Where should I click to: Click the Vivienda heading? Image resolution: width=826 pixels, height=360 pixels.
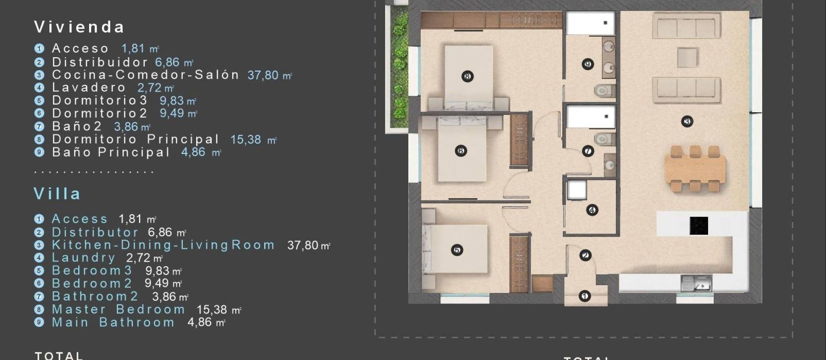[79, 27]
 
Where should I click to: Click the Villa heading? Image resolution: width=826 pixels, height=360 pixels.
[57, 194]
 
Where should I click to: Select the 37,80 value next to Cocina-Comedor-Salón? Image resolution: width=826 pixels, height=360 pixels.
[263, 75]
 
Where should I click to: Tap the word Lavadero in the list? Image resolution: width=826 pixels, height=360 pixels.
[89, 88]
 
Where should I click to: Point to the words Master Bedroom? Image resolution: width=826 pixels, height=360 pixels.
[119, 310]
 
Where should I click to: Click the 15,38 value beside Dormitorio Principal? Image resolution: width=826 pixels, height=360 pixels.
[246, 140]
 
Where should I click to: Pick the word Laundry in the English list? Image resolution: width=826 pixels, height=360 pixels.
[83, 258]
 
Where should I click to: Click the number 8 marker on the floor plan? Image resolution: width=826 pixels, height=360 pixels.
[467, 77]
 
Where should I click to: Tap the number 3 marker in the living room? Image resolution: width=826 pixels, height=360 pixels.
[687, 122]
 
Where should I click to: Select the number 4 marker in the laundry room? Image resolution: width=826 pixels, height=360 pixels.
[592, 210]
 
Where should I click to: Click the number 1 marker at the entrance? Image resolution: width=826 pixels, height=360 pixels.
[584, 296]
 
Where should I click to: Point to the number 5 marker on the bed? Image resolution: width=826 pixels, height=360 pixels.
[457, 250]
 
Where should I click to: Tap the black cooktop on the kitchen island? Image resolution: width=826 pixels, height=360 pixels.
[699, 226]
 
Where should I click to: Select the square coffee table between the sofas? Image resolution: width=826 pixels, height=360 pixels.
[687, 58]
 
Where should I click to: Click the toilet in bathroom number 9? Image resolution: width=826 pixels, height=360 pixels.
[604, 91]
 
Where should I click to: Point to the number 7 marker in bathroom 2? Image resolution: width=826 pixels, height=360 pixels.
[588, 151]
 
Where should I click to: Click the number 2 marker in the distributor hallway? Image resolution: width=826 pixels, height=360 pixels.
[585, 255]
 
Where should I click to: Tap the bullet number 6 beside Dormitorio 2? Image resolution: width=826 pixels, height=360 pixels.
[39, 114]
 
